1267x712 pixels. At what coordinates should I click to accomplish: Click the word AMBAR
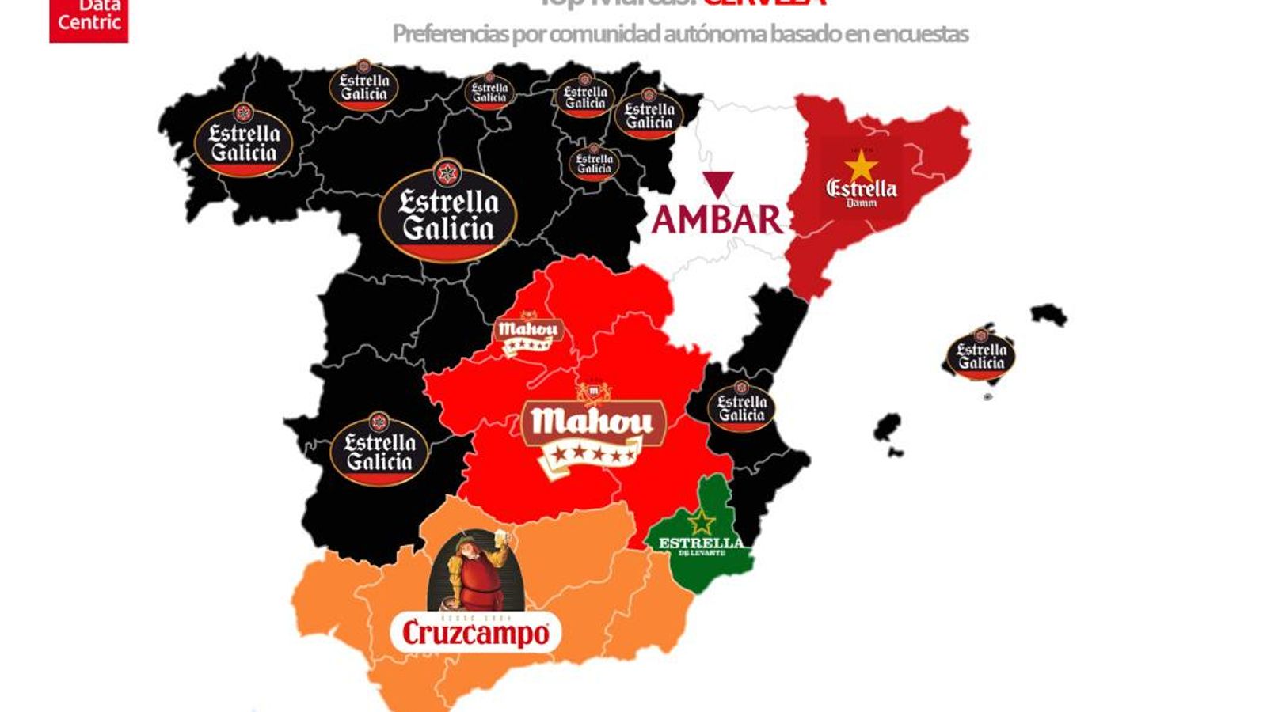[x=717, y=219]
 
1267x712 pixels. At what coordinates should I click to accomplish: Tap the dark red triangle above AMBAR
[x=718, y=184]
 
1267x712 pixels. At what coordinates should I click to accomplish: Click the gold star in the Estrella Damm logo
[x=861, y=167]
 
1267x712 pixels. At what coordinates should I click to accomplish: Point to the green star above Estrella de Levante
[x=702, y=521]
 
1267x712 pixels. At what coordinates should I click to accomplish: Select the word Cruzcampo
[x=475, y=633]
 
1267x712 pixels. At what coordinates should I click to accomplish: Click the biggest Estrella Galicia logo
[x=448, y=211]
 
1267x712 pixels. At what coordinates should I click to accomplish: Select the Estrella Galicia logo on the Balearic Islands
[x=981, y=354]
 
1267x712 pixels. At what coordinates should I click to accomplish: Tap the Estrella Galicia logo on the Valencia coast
[x=741, y=407]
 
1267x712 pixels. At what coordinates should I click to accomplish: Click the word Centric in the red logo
[x=89, y=22]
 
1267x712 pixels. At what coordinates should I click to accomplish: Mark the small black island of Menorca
[x=1050, y=314]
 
